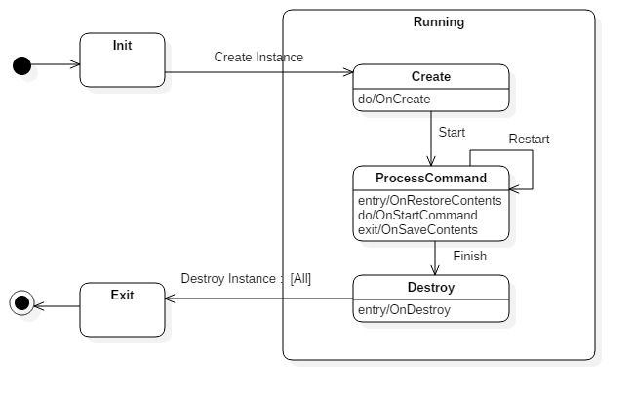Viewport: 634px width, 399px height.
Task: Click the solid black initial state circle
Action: pos(21,65)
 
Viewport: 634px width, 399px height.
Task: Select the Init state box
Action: pos(122,60)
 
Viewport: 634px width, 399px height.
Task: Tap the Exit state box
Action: pos(122,309)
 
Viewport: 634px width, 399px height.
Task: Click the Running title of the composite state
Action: pos(439,22)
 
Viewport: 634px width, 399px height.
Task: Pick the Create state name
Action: pos(431,77)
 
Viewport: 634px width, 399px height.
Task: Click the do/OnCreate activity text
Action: pos(395,99)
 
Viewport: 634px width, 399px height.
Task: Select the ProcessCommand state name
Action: pos(431,179)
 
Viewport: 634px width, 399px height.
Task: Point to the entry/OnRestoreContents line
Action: pos(430,200)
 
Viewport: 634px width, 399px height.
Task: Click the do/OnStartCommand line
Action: pos(418,215)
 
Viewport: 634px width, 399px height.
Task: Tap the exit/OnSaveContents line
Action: pos(418,229)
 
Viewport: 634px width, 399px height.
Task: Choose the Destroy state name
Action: pos(431,288)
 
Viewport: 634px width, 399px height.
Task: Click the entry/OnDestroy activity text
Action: pos(405,309)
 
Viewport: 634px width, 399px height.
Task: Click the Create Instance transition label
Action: pos(258,58)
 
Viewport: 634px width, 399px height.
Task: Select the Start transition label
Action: pos(452,132)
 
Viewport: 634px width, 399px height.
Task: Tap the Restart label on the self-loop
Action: pos(529,140)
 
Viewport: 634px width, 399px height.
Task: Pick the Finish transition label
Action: pos(469,257)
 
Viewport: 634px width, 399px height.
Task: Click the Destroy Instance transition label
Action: pos(228,279)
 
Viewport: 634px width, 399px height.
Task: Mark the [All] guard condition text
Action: pos(300,279)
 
